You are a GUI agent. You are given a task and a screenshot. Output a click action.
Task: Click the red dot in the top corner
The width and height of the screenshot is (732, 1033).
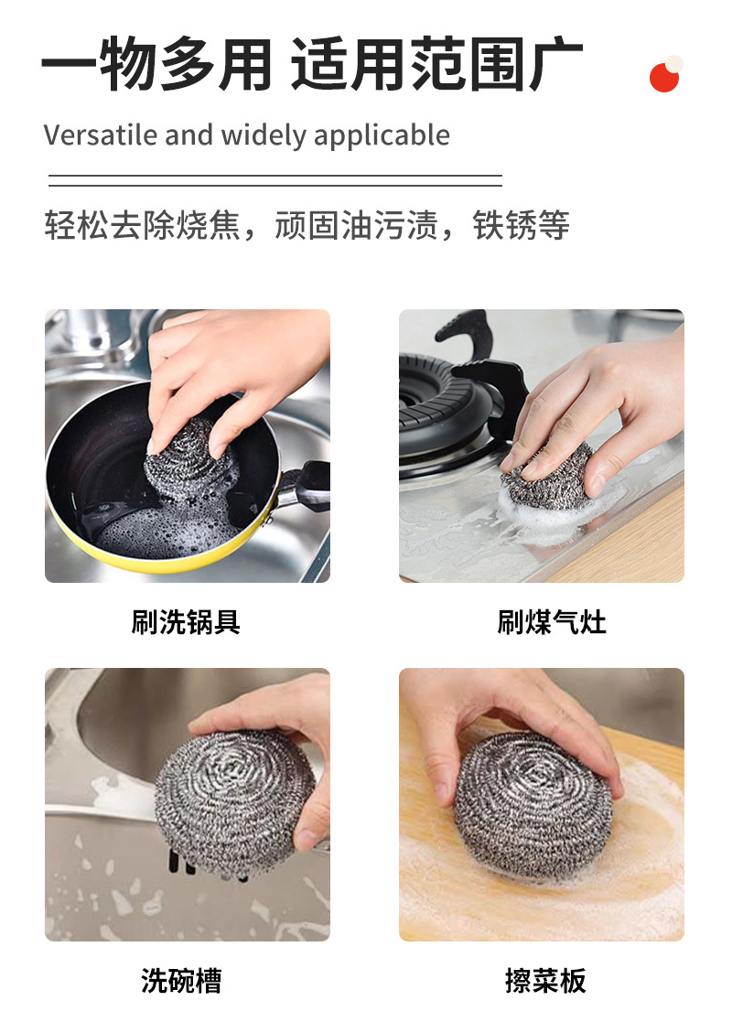click(x=664, y=78)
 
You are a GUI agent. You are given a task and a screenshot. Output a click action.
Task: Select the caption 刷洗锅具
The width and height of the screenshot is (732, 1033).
click(x=186, y=623)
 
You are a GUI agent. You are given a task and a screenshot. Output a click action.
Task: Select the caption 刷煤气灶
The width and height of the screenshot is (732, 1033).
click(x=552, y=623)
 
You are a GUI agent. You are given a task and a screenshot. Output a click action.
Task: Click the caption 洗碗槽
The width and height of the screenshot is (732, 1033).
click(x=181, y=981)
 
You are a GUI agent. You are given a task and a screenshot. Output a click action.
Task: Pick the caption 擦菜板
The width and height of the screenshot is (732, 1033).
click(x=545, y=981)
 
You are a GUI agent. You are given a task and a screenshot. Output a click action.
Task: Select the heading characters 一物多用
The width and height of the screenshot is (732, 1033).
click(x=156, y=66)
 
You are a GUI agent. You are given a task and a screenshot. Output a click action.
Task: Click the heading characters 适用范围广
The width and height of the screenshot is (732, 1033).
click(x=436, y=66)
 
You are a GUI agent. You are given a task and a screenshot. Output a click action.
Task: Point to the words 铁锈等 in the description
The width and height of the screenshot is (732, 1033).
click(x=521, y=225)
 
